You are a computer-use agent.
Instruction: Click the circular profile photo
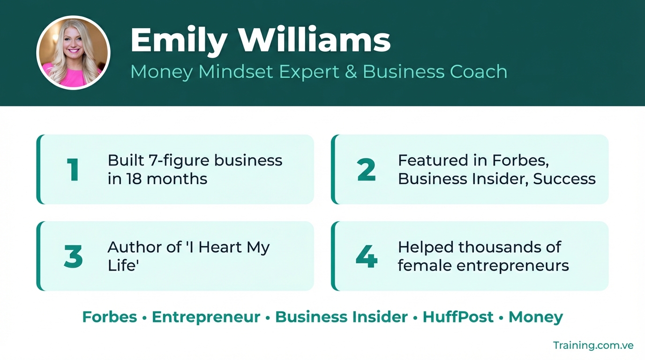tap(74, 52)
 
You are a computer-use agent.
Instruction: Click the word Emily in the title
tap(179, 40)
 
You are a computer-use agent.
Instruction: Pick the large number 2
tap(367, 170)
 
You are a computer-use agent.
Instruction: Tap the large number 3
tap(73, 256)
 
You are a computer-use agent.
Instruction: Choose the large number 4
tap(367, 256)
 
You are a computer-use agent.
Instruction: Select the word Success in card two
tap(564, 179)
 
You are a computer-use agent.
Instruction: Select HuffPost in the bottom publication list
tap(458, 317)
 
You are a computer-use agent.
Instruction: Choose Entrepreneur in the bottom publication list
tap(206, 317)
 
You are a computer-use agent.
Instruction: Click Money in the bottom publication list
tap(536, 317)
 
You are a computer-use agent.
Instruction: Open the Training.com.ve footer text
tap(593, 345)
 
